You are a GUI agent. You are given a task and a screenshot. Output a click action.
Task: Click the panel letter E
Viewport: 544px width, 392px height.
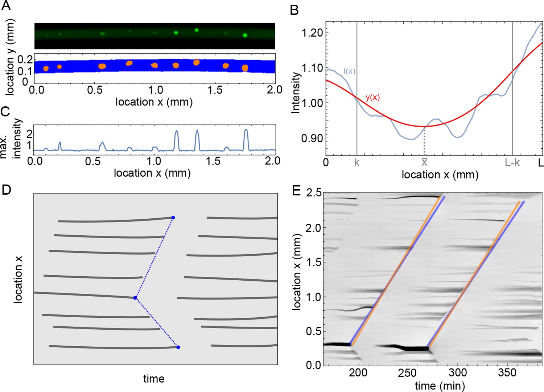(296, 190)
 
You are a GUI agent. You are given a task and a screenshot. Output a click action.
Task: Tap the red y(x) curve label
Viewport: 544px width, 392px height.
(372, 97)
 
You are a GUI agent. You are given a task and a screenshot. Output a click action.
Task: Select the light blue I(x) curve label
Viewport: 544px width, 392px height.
(349, 71)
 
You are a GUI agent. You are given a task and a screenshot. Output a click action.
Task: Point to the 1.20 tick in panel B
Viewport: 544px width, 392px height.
(312, 33)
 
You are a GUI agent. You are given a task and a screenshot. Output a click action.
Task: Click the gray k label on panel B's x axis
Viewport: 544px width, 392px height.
(357, 163)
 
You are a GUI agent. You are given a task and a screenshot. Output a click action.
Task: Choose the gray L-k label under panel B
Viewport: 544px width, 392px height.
(512, 163)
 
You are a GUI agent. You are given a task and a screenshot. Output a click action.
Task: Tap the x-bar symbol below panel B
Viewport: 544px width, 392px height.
(424, 162)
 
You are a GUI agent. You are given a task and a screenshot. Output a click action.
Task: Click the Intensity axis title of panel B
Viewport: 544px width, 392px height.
(296, 93)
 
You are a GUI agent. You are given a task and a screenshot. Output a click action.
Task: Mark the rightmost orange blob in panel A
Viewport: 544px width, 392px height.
(245, 68)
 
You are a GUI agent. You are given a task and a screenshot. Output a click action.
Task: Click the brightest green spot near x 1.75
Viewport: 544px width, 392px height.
(245, 35)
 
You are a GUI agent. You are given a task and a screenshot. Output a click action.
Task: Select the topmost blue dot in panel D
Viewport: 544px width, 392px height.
(173, 218)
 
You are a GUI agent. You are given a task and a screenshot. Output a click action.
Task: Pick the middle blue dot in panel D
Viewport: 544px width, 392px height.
(135, 298)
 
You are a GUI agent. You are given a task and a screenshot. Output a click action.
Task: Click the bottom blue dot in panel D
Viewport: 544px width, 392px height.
(178, 347)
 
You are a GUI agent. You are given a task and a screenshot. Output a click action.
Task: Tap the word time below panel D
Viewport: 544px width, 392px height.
(154, 379)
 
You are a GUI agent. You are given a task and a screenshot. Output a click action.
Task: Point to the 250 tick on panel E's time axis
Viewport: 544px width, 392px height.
(408, 373)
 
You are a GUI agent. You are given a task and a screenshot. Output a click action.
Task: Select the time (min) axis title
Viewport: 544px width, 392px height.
(440, 386)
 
